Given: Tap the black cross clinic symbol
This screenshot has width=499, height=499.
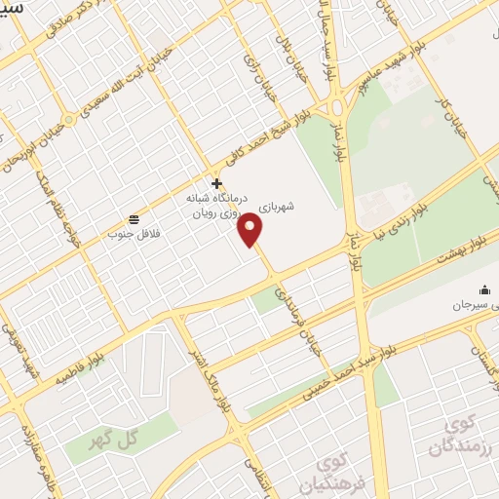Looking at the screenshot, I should pos(216,182).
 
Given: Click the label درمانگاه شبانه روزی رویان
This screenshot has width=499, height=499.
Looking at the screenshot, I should pos(214,204).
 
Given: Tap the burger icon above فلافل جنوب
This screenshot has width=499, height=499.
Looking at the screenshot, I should pos(133,217).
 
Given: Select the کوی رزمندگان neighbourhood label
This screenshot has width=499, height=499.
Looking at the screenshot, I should pos(457,435).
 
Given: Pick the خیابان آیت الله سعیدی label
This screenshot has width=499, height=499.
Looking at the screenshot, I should pos(125,86).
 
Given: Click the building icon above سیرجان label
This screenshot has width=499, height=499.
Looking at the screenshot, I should pos(484,289).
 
